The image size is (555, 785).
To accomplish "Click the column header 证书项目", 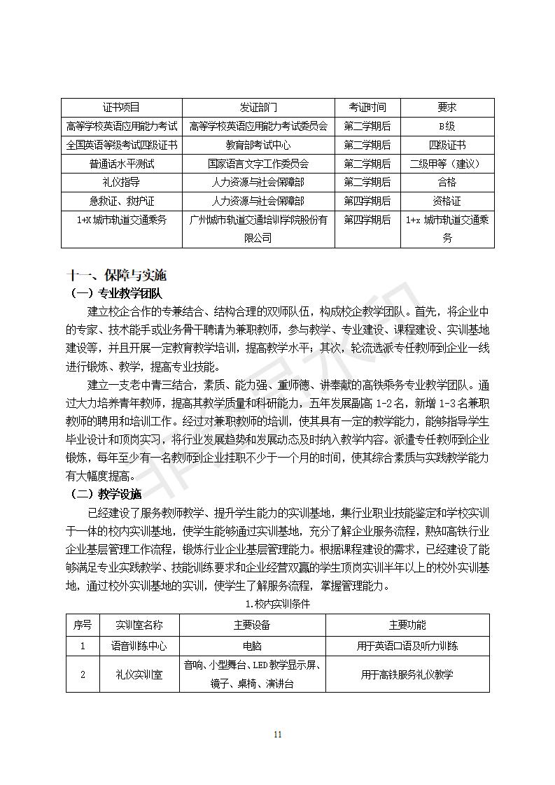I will coord(121,107).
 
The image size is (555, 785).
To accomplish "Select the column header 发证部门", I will coord(258,107).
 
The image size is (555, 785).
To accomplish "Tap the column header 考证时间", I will coord(367,107).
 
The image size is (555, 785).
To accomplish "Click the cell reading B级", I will coord(447,126).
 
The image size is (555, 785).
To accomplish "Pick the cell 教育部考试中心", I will coord(258,145).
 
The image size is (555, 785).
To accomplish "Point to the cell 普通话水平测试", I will coord(121,164).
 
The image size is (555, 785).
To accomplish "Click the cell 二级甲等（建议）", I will coord(447,164).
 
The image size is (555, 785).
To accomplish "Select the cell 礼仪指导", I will coord(121,182).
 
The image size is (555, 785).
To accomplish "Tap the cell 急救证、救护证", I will coord(121,201).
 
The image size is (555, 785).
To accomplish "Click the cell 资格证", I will coord(447,201).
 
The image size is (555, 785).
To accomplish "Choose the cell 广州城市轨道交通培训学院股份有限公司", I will coord(258,229).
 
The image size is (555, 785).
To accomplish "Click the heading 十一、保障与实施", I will coord(116,275).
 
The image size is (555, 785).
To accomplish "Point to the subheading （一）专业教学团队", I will coord(116,293).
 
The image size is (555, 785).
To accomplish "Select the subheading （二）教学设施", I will coord(106,494).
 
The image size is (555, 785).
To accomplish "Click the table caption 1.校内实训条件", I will coord(278,603).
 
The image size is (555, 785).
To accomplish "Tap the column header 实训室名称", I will coord(139,625).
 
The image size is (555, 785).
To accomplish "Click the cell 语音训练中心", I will coord(139,646).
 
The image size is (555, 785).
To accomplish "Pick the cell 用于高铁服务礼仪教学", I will coord(407,674).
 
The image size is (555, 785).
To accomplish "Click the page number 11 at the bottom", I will coord(278,734).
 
